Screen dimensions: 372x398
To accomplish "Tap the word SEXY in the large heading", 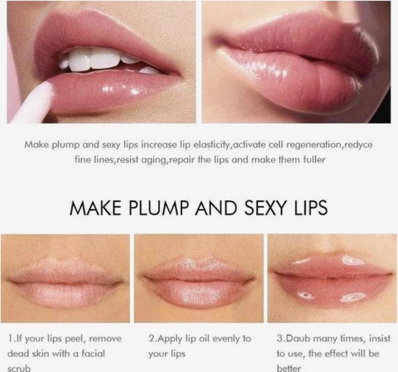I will [x=265, y=208].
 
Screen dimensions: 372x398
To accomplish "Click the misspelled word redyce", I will [x=359, y=145].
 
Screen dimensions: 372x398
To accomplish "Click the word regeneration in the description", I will [x=313, y=145].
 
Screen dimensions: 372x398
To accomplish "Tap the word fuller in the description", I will [x=314, y=160].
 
